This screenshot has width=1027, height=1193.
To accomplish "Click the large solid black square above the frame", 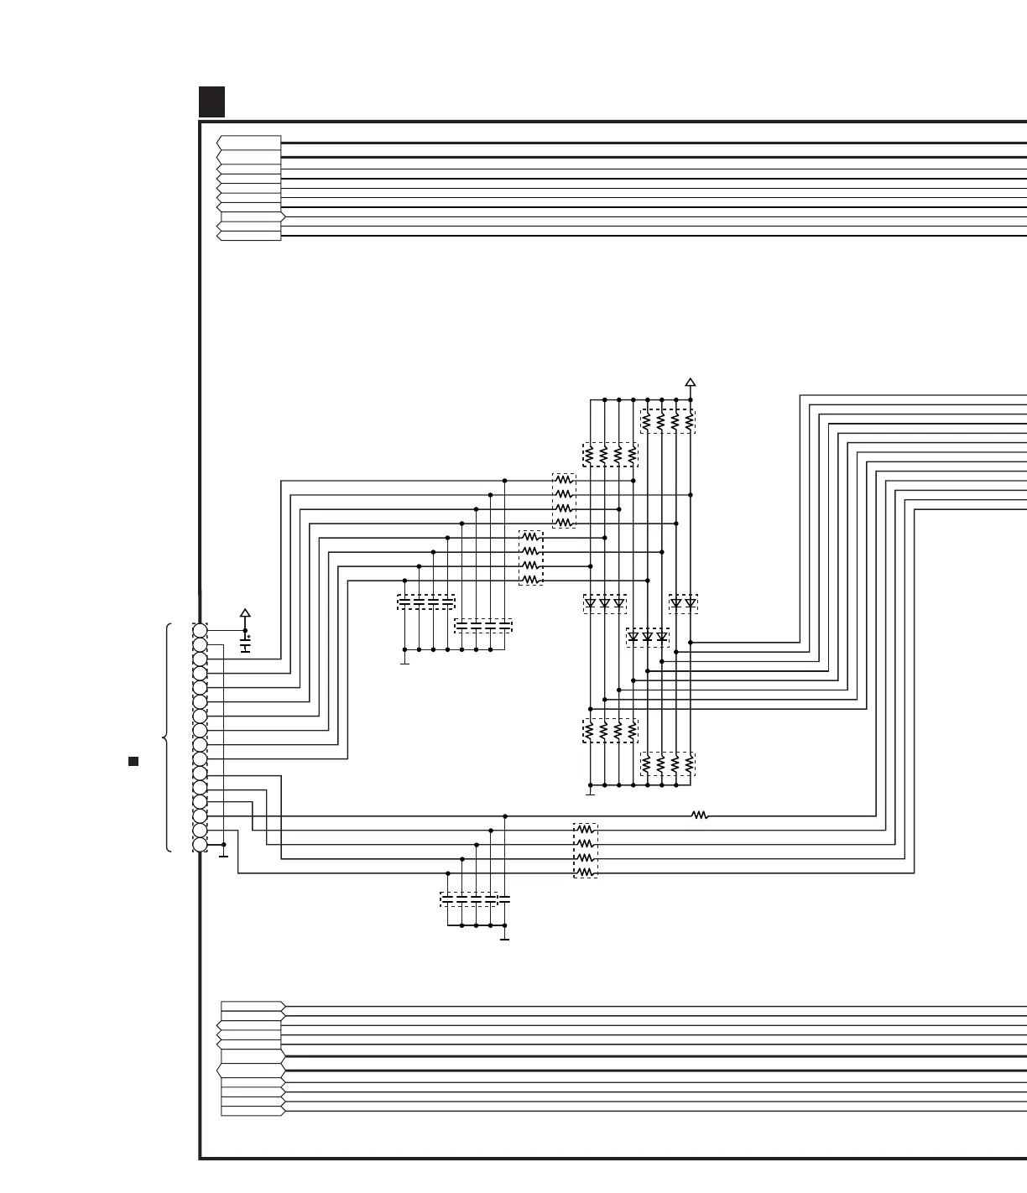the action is pyautogui.click(x=212, y=102).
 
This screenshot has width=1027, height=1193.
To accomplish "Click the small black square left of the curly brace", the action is pyautogui.click(x=133, y=761).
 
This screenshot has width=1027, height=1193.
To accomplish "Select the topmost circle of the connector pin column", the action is pyautogui.click(x=200, y=630).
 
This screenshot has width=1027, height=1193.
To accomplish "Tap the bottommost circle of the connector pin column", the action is pyautogui.click(x=200, y=844).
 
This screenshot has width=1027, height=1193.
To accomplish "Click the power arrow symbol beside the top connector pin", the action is pyautogui.click(x=245, y=613).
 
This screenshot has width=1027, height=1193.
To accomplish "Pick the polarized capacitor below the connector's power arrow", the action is pyautogui.click(x=245, y=648).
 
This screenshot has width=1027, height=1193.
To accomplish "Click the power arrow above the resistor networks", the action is pyautogui.click(x=691, y=383).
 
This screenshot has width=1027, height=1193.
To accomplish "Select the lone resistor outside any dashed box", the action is pyautogui.click(x=699, y=815).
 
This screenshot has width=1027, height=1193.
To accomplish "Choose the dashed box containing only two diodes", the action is pyautogui.click(x=683, y=603).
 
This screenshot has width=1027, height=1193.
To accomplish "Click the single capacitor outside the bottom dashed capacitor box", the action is pyautogui.click(x=504, y=899).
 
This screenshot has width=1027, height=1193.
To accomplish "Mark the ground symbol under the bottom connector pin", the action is pyautogui.click(x=223, y=855).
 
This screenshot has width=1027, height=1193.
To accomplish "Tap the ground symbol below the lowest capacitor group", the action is pyautogui.click(x=504, y=937).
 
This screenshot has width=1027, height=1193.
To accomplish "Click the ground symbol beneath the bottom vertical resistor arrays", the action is pyautogui.click(x=590, y=792).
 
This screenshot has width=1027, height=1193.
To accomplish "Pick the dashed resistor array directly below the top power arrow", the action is pyautogui.click(x=668, y=421).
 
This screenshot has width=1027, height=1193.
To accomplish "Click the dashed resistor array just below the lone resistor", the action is pyautogui.click(x=586, y=851).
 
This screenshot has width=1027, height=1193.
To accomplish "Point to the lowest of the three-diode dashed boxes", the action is pyautogui.click(x=648, y=638).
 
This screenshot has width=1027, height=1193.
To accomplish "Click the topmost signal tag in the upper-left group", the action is pyautogui.click(x=249, y=142).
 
